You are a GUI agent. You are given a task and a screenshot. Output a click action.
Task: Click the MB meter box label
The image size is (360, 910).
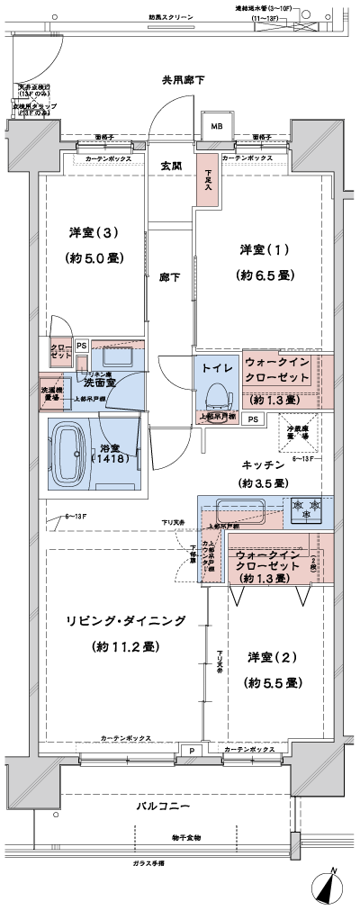(216, 127)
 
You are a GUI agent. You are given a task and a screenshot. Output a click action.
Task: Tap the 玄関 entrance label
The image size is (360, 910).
(171, 166)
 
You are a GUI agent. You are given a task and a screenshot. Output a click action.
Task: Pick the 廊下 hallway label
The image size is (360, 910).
(170, 277)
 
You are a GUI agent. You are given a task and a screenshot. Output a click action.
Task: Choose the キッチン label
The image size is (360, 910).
(263, 464)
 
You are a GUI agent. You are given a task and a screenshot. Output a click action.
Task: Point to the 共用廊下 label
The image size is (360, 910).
(183, 80)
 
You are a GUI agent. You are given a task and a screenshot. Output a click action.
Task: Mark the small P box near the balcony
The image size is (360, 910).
(192, 750)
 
